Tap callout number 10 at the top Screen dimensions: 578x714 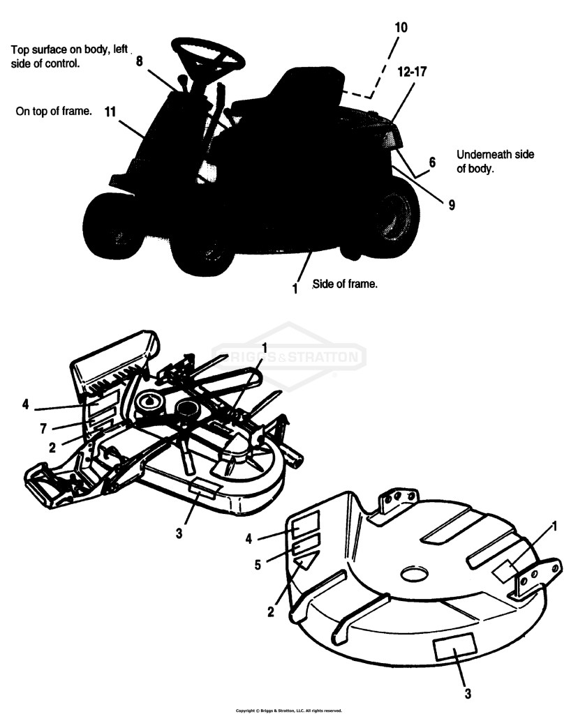point(401,27)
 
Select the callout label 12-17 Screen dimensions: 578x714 point(412,72)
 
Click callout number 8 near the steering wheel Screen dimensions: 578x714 point(140,61)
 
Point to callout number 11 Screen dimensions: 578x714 point(110,112)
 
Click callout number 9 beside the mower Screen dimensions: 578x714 point(451,205)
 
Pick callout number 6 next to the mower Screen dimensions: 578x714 point(431,162)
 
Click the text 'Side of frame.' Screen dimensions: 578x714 point(345,284)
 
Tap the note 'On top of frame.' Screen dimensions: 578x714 point(54,111)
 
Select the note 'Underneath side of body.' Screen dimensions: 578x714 point(495,161)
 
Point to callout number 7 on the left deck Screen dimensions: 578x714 point(43,429)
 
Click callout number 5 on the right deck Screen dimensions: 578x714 point(258,565)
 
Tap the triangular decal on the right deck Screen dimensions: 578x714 point(306,559)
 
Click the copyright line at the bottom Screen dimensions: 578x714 point(289,711)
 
